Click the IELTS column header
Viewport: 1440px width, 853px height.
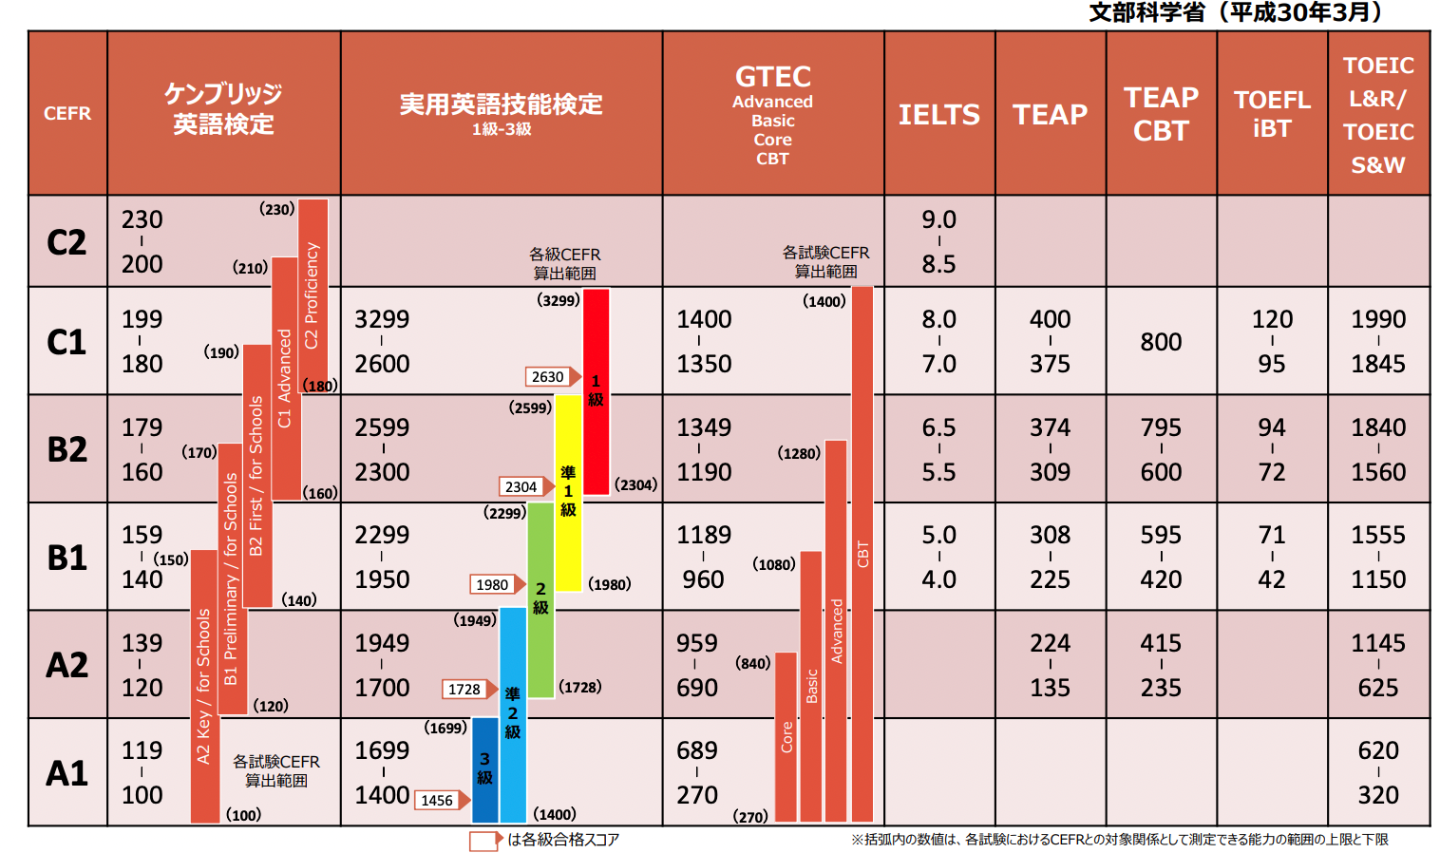point(938,114)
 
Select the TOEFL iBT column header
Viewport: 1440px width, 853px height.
point(1272,114)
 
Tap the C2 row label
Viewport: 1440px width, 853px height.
point(66,242)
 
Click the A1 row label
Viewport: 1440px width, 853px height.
point(66,773)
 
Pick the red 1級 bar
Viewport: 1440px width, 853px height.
point(596,390)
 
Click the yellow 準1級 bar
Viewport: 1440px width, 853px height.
point(568,492)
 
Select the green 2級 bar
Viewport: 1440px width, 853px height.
point(540,599)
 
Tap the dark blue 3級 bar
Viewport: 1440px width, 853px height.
point(484,769)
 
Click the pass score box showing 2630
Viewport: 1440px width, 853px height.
point(548,377)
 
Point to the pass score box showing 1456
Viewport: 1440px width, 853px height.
point(437,801)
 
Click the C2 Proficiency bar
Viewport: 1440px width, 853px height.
point(313,294)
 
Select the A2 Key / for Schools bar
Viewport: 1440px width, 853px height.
point(204,686)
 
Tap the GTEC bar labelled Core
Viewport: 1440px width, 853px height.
point(786,736)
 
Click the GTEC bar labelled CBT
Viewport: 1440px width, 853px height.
point(862,553)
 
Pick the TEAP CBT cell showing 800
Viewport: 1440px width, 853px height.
point(1161,342)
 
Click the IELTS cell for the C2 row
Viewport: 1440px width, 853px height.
point(938,242)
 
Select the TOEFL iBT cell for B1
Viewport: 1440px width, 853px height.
point(1272,557)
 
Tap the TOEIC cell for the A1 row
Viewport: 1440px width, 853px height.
point(1377,773)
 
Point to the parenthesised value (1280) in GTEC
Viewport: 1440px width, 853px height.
point(799,454)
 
